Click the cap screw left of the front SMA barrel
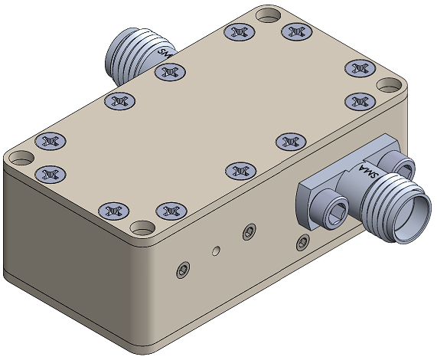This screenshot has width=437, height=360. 329,208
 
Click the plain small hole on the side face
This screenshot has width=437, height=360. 216,250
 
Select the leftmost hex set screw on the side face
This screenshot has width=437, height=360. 183,270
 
